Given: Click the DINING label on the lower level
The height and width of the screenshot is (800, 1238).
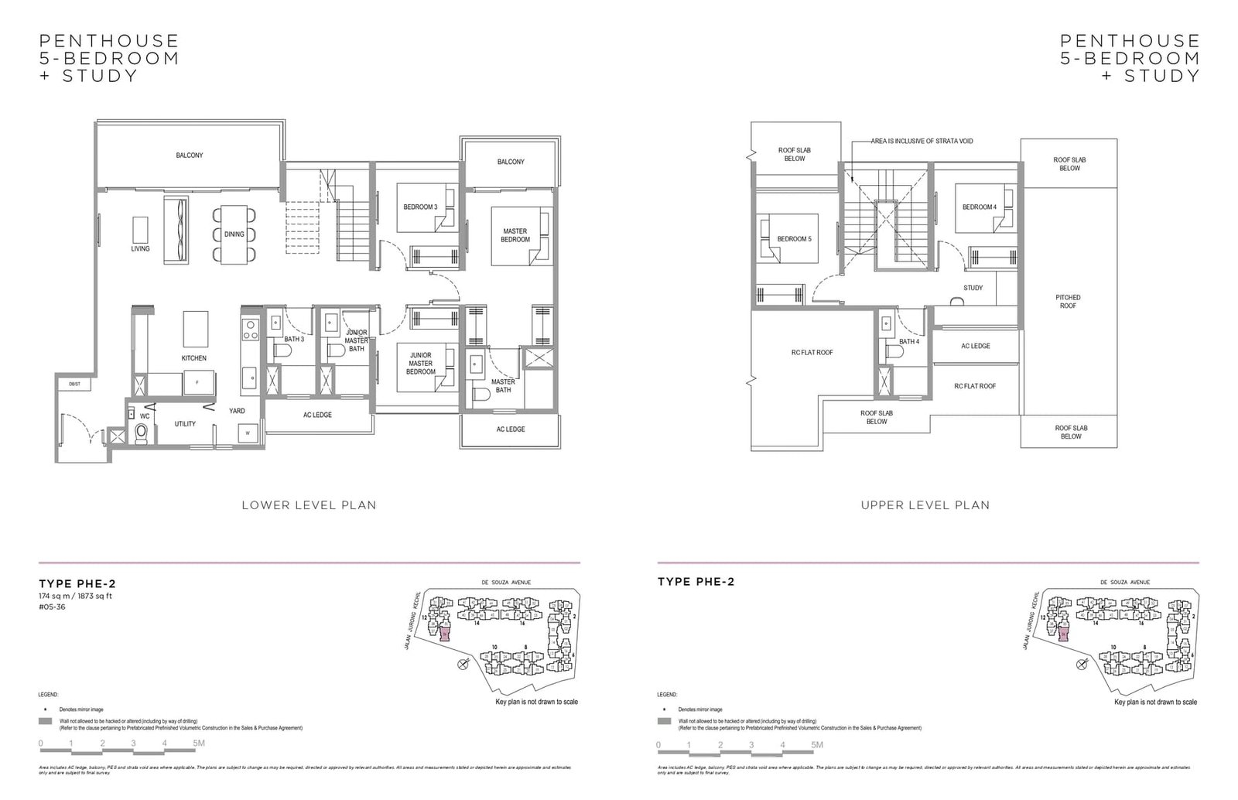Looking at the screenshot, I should click(x=234, y=234).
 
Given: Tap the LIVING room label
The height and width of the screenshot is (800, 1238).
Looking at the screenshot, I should click(x=140, y=249).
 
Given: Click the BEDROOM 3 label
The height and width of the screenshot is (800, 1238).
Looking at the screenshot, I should click(x=420, y=207).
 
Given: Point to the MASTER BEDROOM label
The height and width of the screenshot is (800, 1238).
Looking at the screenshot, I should click(x=515, y=235).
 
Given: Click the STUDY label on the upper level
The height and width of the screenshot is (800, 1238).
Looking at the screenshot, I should click(x=973, y=288).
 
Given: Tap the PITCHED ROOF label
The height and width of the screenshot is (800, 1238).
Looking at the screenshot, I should click(x=1068, y=302).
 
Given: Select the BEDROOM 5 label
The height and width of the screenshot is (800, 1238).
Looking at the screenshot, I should click(x=794, y=239).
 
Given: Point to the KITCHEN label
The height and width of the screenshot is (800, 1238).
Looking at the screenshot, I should click(x=193, y=358).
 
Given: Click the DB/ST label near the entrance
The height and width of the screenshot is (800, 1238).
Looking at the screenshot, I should click(x=74, y=384).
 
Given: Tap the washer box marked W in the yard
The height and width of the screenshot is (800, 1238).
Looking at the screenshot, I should click(x=248, y=433).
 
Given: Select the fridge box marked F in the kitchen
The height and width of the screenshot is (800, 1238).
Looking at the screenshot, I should click(x=197, y=383).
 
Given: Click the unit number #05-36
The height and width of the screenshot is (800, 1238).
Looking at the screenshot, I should click(x=49, y=607).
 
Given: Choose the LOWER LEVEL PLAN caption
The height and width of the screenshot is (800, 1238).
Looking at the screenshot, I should click(x=309, y=505).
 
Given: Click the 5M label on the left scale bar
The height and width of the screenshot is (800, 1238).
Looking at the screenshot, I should click(x=199, y=744).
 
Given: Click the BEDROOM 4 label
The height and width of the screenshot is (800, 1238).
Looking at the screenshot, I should click(x=979, y=207).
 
